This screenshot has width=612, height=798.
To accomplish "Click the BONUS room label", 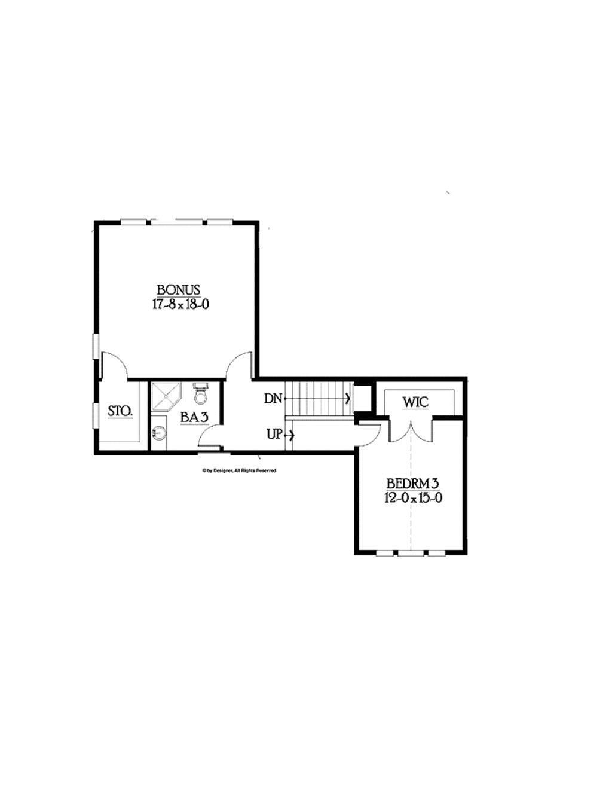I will tap(179, 291).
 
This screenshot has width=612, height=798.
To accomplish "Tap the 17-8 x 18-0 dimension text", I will tap(180, 304).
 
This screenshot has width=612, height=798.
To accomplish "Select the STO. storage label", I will tap(120, 412).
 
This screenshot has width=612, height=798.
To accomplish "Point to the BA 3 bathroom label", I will tap(194, 418).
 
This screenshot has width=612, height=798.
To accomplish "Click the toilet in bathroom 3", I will tap(200, 395).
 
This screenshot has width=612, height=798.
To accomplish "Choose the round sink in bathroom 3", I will tap(159, 432).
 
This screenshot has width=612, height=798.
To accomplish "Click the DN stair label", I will tap(273, 399).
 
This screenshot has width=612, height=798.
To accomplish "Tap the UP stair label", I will tap(274, 435).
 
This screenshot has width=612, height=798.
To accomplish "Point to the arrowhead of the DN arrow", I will tap(348, 399).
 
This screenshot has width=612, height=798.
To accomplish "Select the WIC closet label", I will tap(415, 402).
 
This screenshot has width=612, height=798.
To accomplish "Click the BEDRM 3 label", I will tap(413, 484).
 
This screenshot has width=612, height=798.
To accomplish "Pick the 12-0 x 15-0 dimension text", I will tap(413, 498).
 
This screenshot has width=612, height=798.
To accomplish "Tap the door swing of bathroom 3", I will tap(210, 437).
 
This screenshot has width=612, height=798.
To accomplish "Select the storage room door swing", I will tap(115, 365).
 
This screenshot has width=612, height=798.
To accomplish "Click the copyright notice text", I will tap(239, 471).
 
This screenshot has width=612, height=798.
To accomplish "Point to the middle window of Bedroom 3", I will tap(411, 553).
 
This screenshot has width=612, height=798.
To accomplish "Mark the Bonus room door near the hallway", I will tap(240, 365).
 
